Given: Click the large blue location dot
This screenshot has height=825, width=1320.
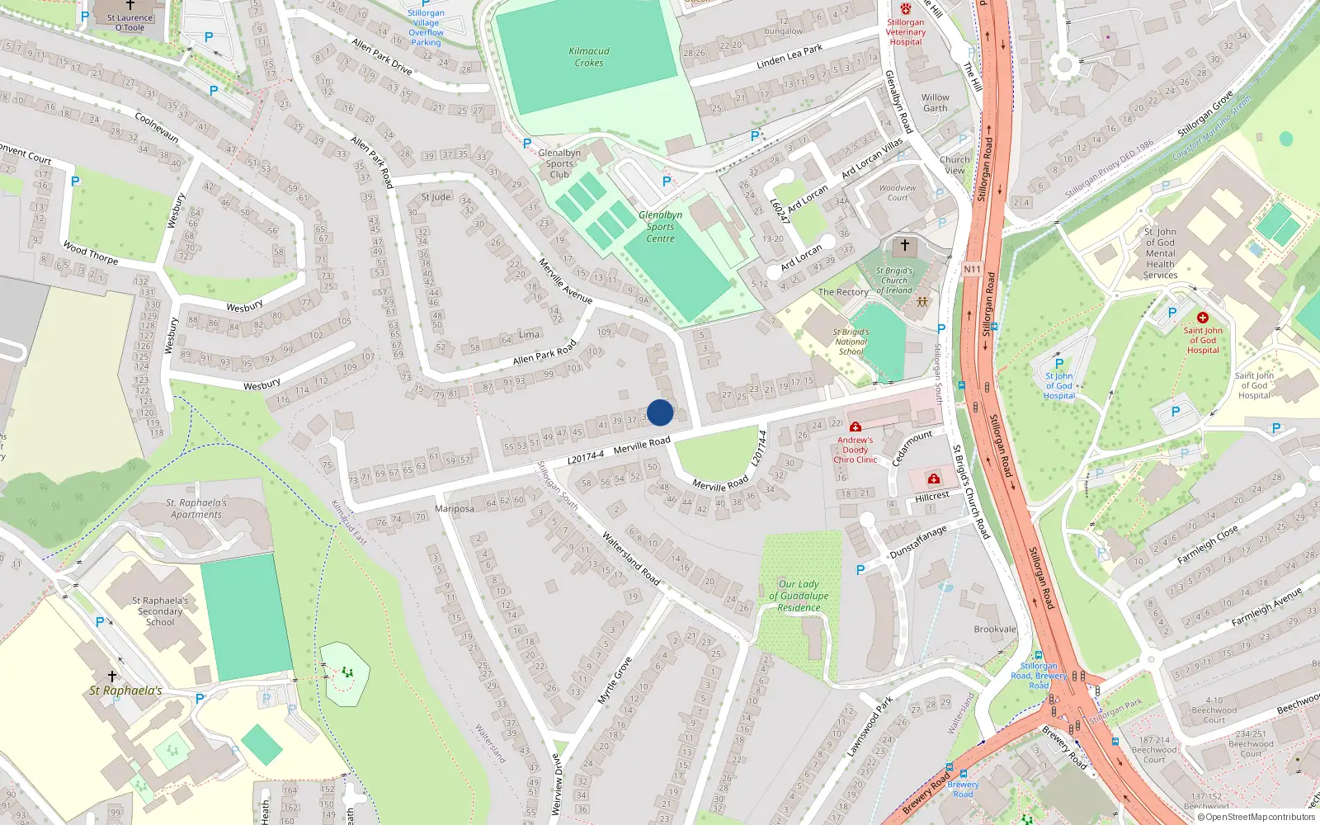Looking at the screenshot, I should tap(660, 412).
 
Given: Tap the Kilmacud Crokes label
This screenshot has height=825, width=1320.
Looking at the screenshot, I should tap(589, 57).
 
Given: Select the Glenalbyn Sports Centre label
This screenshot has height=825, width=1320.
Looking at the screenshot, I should tap(660, 227).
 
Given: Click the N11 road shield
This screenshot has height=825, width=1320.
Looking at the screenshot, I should tap(973, 269).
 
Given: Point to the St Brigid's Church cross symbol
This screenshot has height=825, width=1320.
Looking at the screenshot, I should tap(905, 245).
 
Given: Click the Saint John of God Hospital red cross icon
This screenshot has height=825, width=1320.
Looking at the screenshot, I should tap(1203, 318).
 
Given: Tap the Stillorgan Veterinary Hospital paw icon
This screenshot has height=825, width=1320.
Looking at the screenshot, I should tap(906, 8).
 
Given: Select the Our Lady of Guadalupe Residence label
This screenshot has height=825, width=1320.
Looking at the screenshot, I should tap(799, 596).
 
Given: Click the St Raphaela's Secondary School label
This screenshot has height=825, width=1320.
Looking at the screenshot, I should tap(160, 611).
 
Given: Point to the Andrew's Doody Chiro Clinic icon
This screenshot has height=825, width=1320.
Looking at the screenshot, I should tap(856, 427).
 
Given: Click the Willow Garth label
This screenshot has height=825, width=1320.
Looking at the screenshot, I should tap(936, 102).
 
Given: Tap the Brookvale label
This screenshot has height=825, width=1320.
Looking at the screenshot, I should tap(995, 629).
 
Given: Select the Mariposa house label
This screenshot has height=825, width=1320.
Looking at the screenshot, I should tap(455, 509).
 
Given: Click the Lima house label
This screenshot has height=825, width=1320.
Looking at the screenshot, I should tap(529, 334).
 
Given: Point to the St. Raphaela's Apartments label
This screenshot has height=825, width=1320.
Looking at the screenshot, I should tap(196, 508).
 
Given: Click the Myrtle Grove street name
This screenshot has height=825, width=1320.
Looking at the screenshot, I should tap(615, 680).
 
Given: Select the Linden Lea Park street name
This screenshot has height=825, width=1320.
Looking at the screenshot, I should tap(790, 57).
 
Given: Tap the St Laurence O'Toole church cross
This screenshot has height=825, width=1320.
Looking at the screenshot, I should tap(130, 5).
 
